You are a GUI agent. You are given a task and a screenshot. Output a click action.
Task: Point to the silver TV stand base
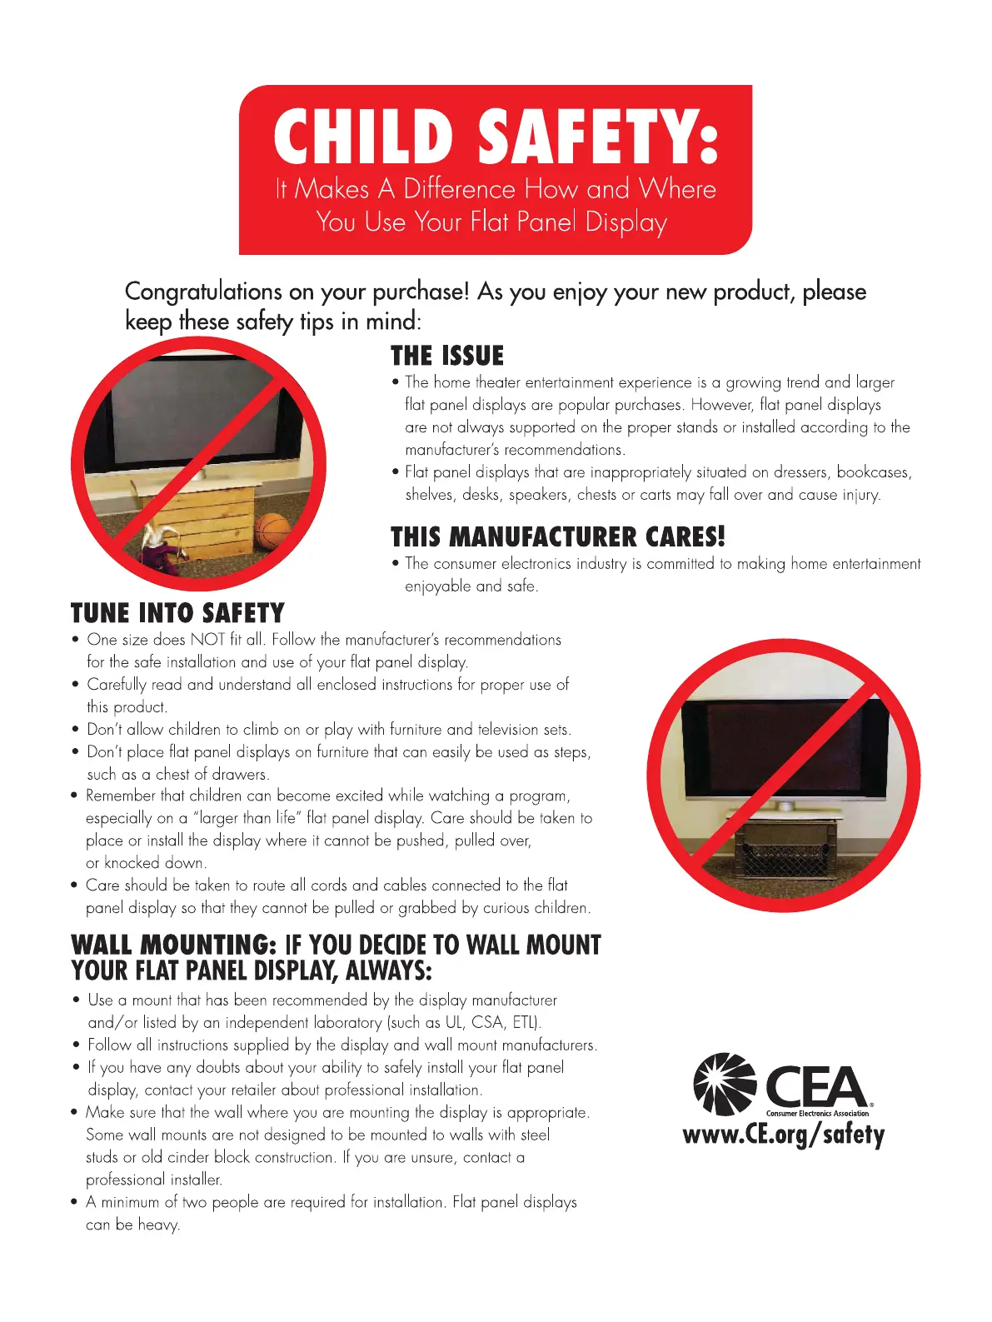pos(785,807)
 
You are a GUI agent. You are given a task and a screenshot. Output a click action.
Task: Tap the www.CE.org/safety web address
pos(783,1135)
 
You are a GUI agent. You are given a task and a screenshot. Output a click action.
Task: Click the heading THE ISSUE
pos(447,356)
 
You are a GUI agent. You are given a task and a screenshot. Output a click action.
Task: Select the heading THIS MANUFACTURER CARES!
pos(557,536)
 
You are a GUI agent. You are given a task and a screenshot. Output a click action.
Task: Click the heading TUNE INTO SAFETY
pos(177,613)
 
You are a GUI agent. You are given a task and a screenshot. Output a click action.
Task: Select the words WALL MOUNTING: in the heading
pos(173,945)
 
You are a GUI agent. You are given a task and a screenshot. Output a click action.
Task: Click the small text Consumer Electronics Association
pos(817,1114)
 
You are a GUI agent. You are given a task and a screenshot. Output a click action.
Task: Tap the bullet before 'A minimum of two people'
pos(74,1203)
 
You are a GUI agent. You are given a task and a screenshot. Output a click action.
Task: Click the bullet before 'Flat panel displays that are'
pos(395,472)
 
